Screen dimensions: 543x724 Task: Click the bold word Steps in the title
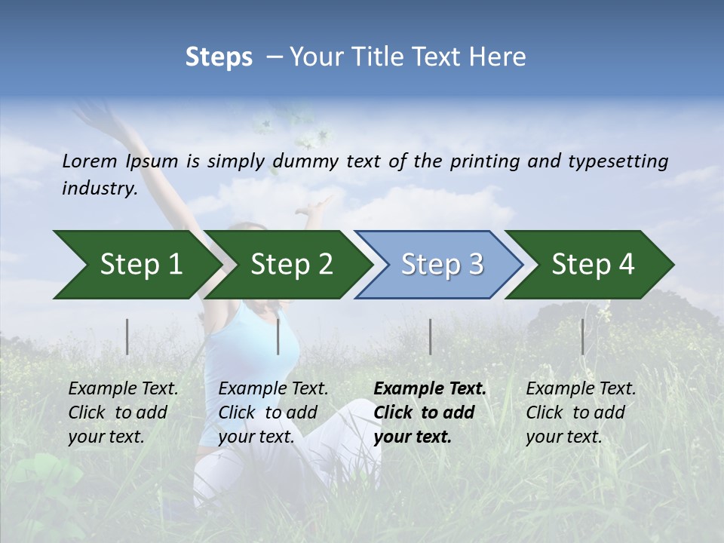[x=219, y=57]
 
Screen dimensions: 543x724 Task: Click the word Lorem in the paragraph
[x=90, y=161]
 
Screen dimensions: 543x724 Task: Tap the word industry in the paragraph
[x=99, y=188]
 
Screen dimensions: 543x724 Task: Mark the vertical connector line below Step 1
[x=127, y=336]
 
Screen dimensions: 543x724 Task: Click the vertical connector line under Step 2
[x=278, y=336]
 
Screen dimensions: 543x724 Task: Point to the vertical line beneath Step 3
[x=430, y=336]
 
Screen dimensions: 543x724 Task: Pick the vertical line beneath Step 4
[x=582, y=336]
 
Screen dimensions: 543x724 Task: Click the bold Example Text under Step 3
[x=430, y=389]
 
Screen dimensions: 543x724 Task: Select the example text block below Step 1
[x=123, y=413]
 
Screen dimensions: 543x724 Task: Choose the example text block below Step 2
[x=273, y=413]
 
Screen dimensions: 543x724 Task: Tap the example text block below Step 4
[x=581, y=413]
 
